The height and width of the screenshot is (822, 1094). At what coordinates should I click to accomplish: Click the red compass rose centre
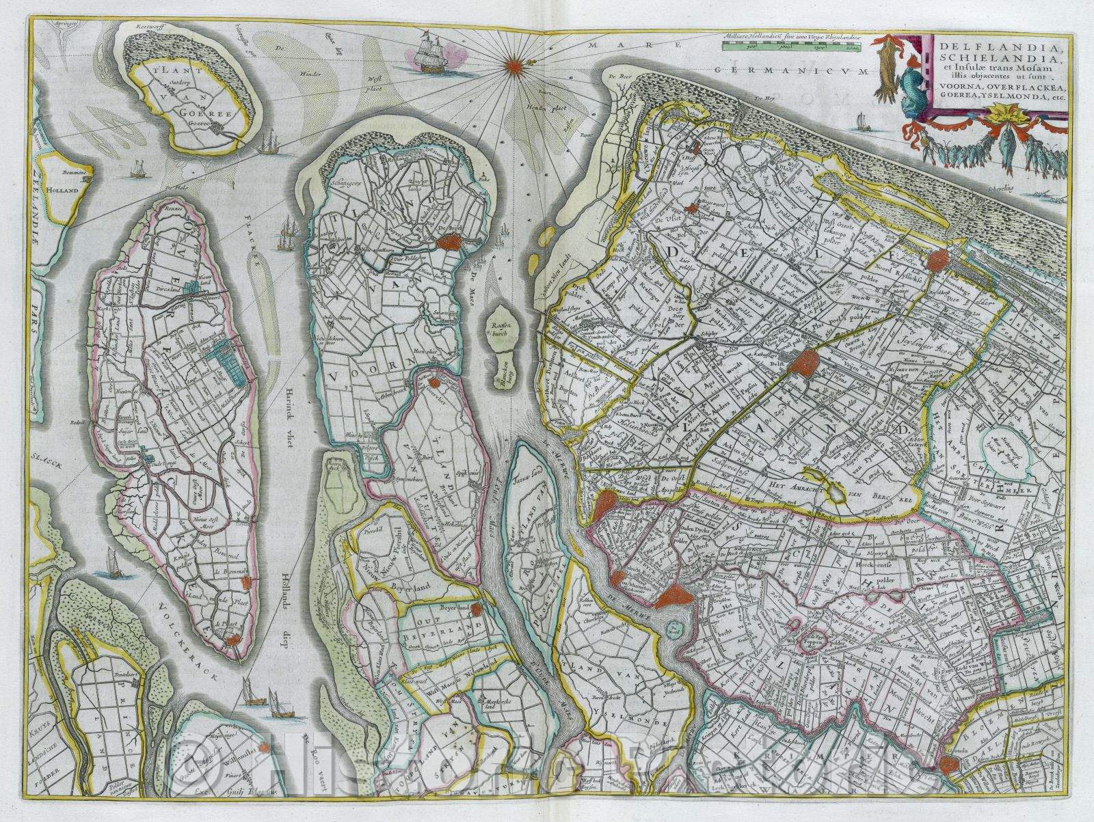click(x=513, y=66)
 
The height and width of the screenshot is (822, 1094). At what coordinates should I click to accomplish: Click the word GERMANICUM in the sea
click(x=800, y=70)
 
